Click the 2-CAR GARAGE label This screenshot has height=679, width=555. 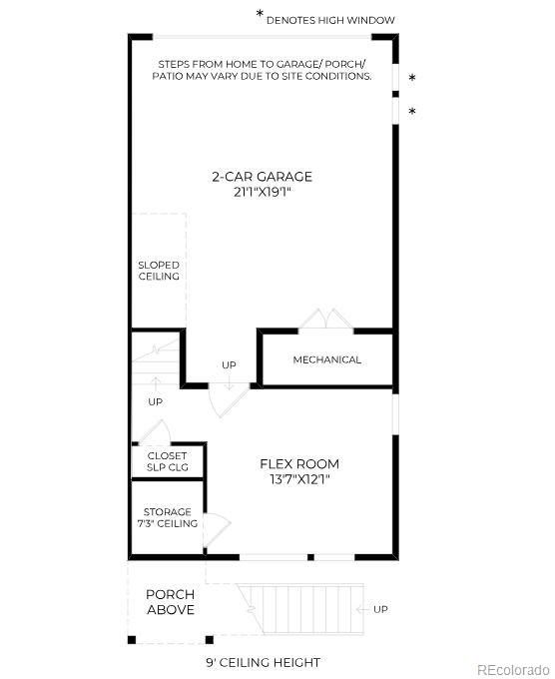click(x=262, y=177)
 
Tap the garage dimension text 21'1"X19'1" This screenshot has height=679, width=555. click(x=262, y=192)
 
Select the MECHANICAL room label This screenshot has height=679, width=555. click(x=326, y=359)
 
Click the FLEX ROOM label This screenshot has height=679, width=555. click(x=298, y=463)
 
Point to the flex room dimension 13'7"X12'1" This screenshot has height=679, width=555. click(x=298, y=479)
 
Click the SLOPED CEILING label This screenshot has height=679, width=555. click(x=159, y=271)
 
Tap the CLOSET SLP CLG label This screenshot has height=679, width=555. click(x=167, y=461)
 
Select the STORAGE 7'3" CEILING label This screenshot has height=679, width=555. click(x=167, y=517)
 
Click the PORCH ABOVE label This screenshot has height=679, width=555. click(x=170, y=602)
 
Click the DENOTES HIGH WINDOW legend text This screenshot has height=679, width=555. click(x=330, y=20)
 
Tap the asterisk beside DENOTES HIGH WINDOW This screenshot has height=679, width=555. click(x=261, y=16)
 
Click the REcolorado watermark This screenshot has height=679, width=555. click(x=512, y=669)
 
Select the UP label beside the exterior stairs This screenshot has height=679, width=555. click(x=380, y=609)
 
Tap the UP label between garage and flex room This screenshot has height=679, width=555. click(x=229, y=364)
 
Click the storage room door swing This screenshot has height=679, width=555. click(x=218, y=525)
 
